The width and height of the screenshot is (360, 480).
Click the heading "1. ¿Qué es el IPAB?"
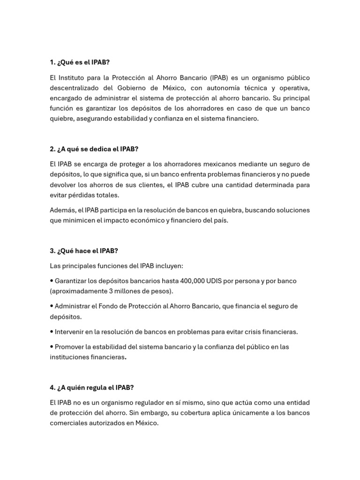pos(80,62)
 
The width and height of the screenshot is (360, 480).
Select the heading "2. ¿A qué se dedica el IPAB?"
pos(94,149)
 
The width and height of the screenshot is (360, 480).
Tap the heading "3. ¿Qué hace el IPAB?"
pos(84,251)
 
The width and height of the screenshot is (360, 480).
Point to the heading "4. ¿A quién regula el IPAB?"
pos(92,388)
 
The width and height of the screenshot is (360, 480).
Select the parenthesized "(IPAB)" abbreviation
pos(220,77)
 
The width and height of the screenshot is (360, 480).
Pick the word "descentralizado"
pos(75,88)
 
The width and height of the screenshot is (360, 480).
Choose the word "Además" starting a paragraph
pos(61,210)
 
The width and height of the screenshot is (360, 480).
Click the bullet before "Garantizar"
pos(52,281)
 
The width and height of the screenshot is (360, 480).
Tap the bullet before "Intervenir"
pos(52,332)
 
